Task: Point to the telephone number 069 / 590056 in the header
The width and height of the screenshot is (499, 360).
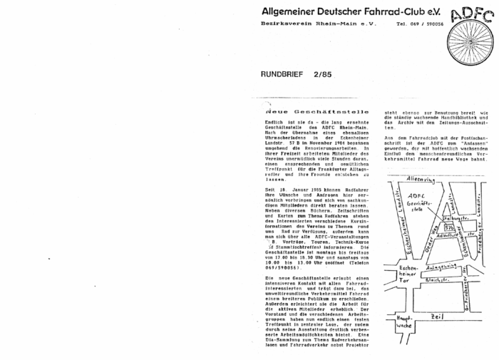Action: (x=422, y=24)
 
